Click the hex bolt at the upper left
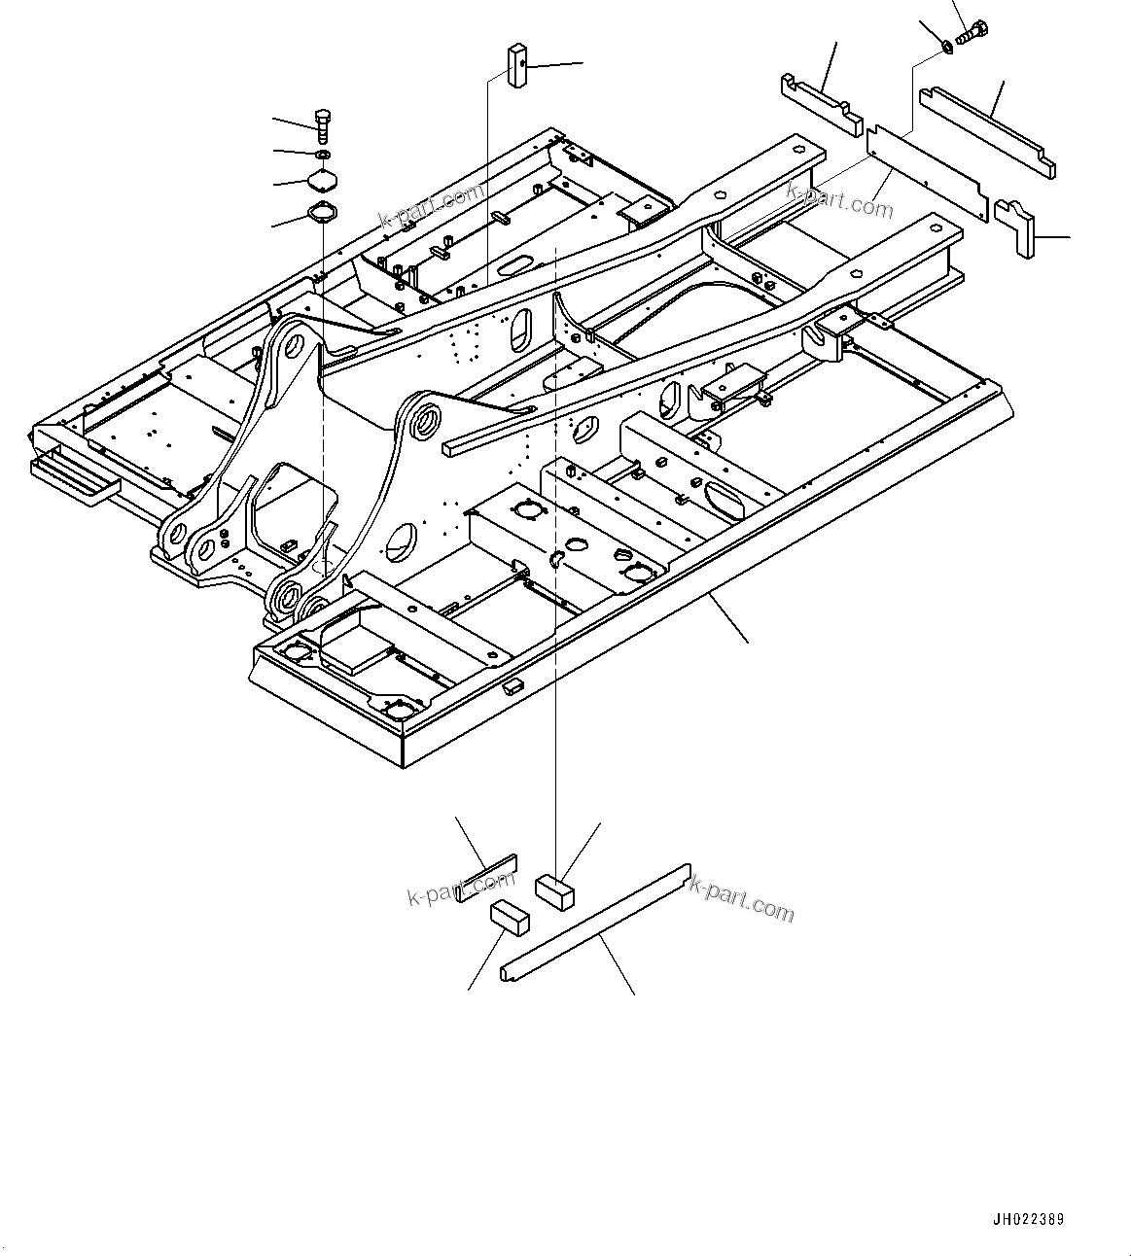324,123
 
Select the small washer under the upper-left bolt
323,155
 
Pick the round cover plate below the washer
322,182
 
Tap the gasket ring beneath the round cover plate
321,211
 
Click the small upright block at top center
515,65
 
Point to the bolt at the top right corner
973,33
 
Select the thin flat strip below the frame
486,878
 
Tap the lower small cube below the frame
511,917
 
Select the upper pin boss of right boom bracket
422,421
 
